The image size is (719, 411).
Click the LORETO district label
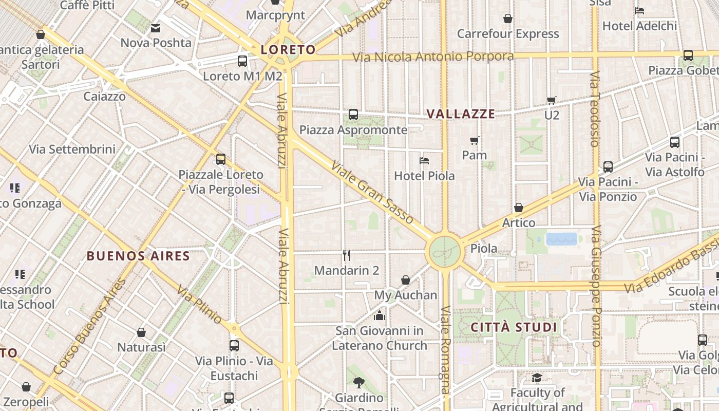coord(288,50)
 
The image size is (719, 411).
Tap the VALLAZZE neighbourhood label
coord(461,114)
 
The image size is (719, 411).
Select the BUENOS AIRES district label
coord(138,256)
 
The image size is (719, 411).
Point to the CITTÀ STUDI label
coord(514,327)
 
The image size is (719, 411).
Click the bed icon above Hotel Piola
coord(424,161)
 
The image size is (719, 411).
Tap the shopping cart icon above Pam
coord(475,140)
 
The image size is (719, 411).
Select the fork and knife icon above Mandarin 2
coord(347,255)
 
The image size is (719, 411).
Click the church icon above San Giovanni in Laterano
coord(380,315)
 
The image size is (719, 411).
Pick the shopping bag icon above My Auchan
coord(406,280)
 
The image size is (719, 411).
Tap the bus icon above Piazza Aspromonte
coord(353,115)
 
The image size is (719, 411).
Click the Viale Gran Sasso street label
coord(372,193)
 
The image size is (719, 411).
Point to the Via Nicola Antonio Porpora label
coord(433,57)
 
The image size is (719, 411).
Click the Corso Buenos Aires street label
coord(89,327)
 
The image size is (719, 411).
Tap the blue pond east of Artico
coord(562,239)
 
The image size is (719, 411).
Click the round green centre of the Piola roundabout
coord(444,251)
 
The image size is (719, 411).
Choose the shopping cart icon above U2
coord(552,100)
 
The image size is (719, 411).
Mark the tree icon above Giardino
coord(359,382)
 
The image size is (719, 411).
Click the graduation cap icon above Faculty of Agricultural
coord(537,378)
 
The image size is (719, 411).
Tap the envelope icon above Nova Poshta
coord(156,28)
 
